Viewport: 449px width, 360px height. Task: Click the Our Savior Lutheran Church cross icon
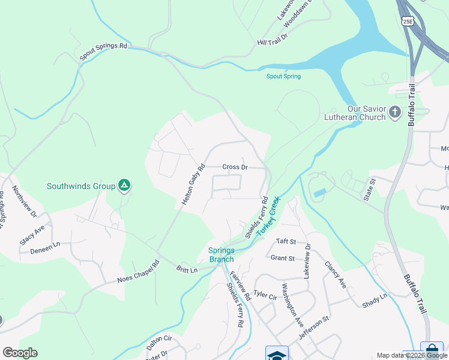[x=395, y=112]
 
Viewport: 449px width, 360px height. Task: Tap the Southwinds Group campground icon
[x=124, y=186]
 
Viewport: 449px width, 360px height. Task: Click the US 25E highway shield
[x=408, y=22]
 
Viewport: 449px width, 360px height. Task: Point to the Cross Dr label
[x=235, y=167]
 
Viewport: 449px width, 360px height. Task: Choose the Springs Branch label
[x=221, y=255]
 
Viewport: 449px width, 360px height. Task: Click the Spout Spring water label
[x=283, y=76]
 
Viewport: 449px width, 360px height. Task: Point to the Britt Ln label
[x=187, y=270]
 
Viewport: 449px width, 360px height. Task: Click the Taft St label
[x=286, y=241]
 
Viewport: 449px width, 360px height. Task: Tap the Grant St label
[x=282, y=259]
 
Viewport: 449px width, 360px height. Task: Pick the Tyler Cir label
[x=264, y=295]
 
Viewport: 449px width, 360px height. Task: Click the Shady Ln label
[x=375, y=301]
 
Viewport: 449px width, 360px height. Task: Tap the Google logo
[x=20, y=352]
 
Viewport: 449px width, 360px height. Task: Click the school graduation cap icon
[x=277, y=354]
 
